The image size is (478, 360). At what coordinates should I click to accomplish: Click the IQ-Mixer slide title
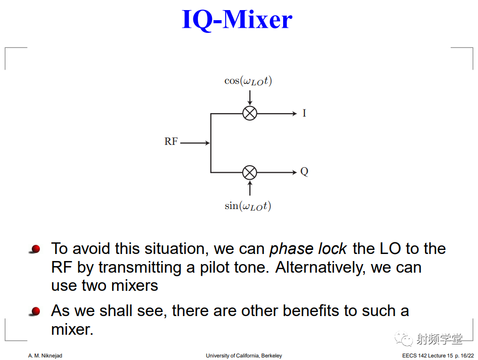coord(237,20)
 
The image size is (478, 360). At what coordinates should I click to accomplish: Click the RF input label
coord(171,141)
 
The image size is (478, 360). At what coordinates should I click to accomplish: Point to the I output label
coord(304,113)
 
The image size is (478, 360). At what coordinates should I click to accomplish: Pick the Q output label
coord(304,172)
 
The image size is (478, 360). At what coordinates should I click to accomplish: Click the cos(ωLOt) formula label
coord(248,81)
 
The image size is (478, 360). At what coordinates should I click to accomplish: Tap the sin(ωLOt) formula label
coord(248,207)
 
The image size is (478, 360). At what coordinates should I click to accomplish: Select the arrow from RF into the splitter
coord(195,143)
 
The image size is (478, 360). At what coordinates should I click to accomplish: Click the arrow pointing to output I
coord(277,114)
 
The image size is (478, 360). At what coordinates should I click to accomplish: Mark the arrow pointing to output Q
coord(277,173)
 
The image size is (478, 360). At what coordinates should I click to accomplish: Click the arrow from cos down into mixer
coord(250,98)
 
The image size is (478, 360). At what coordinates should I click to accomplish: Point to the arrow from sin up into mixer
coord(250,188)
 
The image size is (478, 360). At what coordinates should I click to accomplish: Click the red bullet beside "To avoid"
coord(35,249)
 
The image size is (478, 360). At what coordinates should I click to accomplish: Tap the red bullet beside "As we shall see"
coord(35,311)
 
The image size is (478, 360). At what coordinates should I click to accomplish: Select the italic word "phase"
coord(291,249)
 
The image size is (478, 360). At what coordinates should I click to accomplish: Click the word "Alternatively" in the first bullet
coord(320,267)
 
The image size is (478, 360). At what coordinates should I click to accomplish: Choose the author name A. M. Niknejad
coord(45,355)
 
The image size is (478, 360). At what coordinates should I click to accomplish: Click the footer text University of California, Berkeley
coord(244,355)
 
